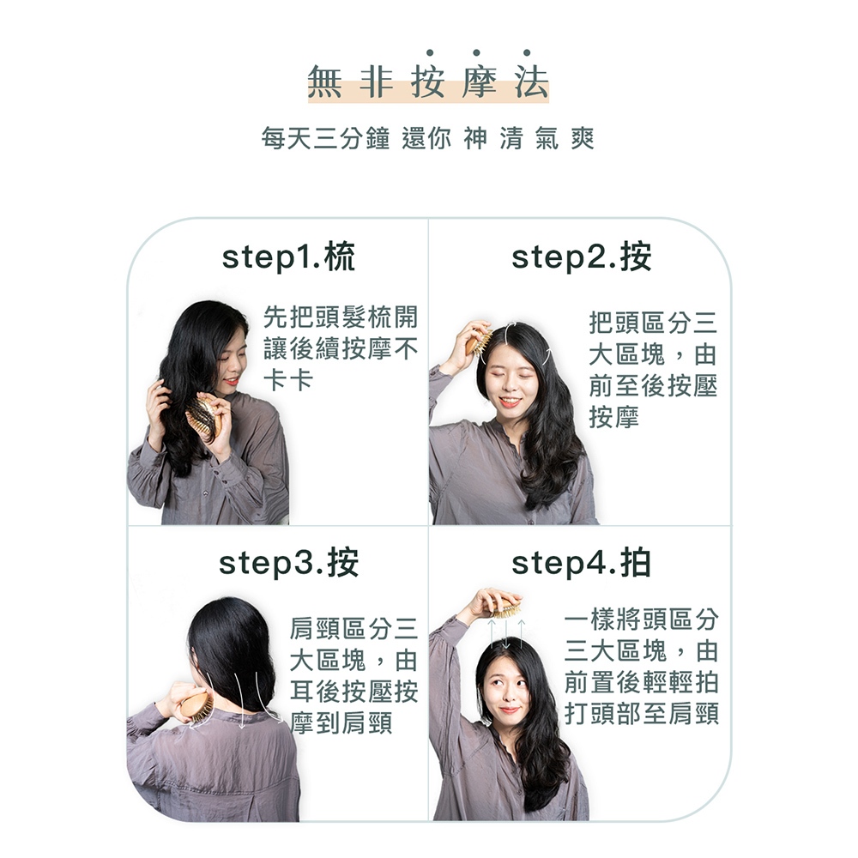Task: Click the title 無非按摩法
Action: coord(428,82)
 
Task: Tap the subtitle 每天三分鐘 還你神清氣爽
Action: coord(428,138)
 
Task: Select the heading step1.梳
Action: coord(288,257)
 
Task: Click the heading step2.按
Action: coord(581,257)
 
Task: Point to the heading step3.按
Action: coord(288,563)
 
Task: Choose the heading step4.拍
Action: coord(581,563)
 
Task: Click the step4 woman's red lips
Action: coord(510,710)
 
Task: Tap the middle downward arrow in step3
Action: coord(239,700)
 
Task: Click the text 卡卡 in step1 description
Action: coord(288,380)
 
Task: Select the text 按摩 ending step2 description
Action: coord(614,418)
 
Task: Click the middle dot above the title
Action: coord(476,52)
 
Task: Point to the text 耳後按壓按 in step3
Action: coord(354,692)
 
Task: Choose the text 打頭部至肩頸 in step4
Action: coord(641,714)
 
